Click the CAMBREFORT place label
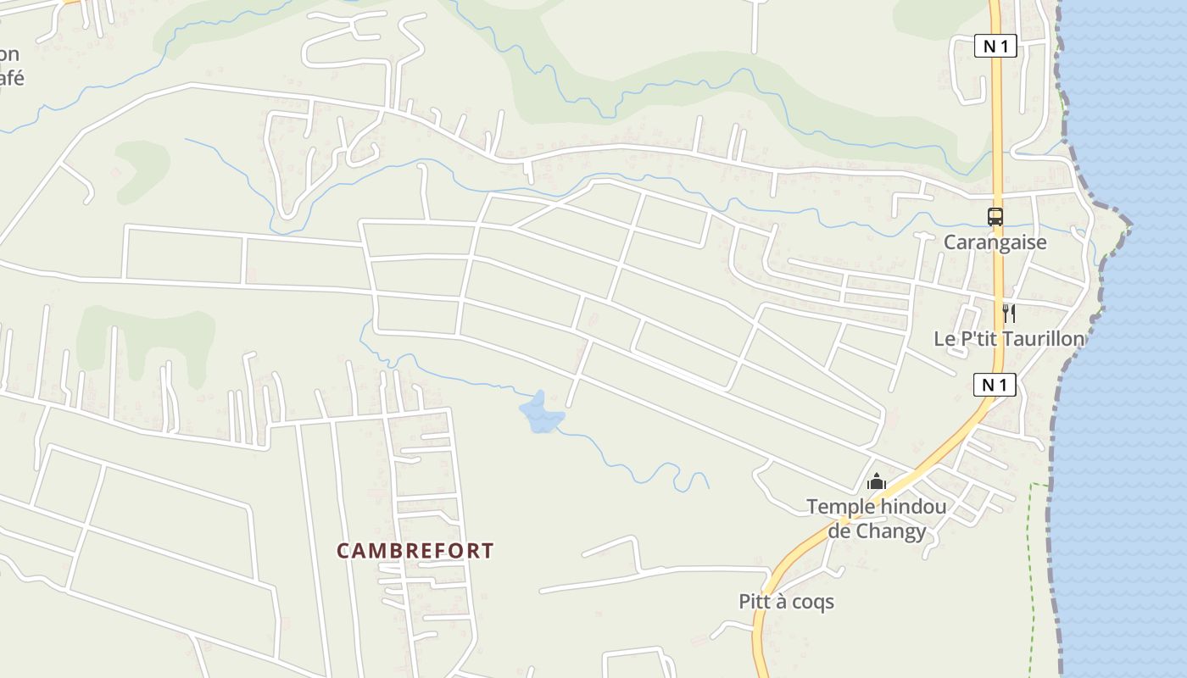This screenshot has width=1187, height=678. (415, 551)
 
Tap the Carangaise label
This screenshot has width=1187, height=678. (995, 242)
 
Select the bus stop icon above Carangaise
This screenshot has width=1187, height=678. (995, 217)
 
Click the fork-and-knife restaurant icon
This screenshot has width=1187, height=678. (1008, 314)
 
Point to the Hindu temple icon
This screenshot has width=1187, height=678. (876, 482)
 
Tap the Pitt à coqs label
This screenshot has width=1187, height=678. (786, 602)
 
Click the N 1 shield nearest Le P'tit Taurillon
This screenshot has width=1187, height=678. (994, 385)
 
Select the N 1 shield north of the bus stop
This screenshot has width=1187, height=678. (995, 46)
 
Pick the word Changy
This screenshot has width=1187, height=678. (888, 531)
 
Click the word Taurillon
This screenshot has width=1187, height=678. (1042, 339)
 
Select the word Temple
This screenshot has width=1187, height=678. (841, 507)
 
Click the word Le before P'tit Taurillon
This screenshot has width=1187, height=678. (943, 339)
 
